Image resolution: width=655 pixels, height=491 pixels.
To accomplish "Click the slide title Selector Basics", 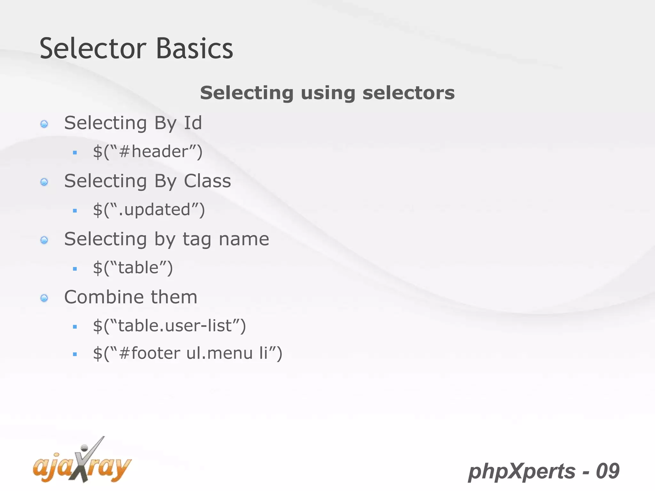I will pyautogui.click(x=136, y=49).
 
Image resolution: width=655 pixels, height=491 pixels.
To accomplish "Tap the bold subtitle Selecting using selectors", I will pyautogui.click(x=327, y=93).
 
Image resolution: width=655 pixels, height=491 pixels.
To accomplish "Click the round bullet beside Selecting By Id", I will pyautogui.click(x=44, y=124).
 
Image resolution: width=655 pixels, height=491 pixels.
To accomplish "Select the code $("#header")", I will pyautogui.click(x=148, y=152).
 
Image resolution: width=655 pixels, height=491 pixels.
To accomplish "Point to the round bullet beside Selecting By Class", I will pyautogui.click(x=44, y=182).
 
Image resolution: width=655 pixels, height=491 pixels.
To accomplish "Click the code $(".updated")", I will pyautogui.click(x=149, y=210).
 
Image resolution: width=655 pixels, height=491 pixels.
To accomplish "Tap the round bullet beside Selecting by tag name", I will pyautogui.click(x=44, y=240).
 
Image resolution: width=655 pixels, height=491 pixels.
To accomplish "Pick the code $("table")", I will pyautogui.click(x=133, y=268).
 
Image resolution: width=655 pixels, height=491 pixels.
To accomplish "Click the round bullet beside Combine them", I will pyautogui.click(x=44, y=298).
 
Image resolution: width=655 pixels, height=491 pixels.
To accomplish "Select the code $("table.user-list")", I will pyautogui.click(x=169, y=326).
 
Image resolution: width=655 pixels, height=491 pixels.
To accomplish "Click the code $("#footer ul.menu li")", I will pyautogui.click(x=187, y=354).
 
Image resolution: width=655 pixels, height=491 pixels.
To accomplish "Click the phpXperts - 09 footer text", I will pyautogui.click(x=544, y=471).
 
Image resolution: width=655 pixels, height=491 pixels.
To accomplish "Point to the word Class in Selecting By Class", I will pyautogui.click(x=207, y=181).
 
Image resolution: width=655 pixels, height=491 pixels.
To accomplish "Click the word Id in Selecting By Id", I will pyautogui.click(x=193, y=123).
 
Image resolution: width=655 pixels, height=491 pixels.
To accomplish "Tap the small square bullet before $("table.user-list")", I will pyautogui.click(x=75, y=327).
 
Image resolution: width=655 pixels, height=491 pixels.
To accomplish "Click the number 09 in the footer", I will pyautogui.click(x=608, y=471).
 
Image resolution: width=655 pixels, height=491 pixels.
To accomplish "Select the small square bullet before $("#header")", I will pyautogui.click(x=75, y=153).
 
